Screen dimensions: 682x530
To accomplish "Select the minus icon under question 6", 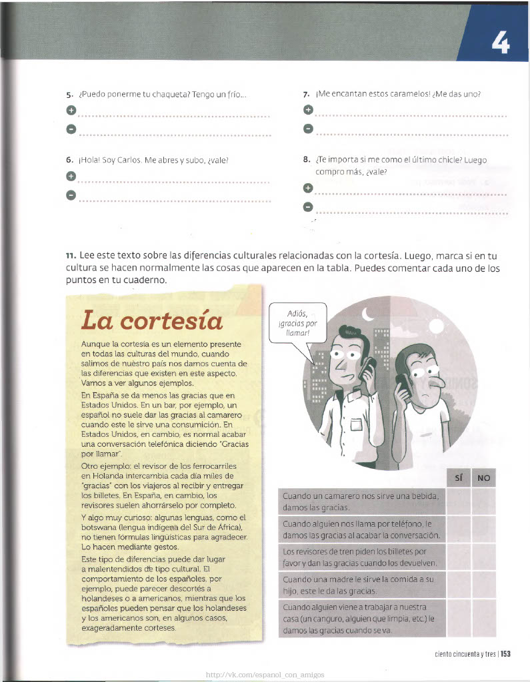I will click(x=71, y=195).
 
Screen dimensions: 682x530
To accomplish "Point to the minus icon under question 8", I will click(x=307, y=208).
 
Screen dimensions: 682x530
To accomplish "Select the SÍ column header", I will click(x=458, y=478).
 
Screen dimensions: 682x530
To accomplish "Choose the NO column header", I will click(x=483, y=478).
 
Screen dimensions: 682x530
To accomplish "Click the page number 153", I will click(x=505, y=654).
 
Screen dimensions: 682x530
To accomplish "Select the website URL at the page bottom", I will click(x=265, y=674).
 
